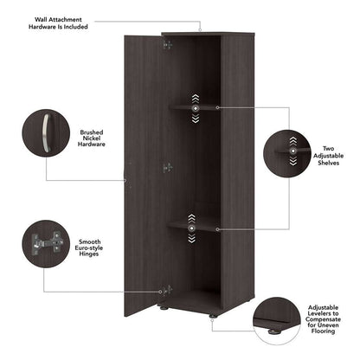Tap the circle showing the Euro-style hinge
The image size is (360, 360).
[x=46, y=245]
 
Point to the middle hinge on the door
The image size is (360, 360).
[x=167, y=167]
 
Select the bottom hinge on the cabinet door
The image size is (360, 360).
[x=167, y=289]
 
